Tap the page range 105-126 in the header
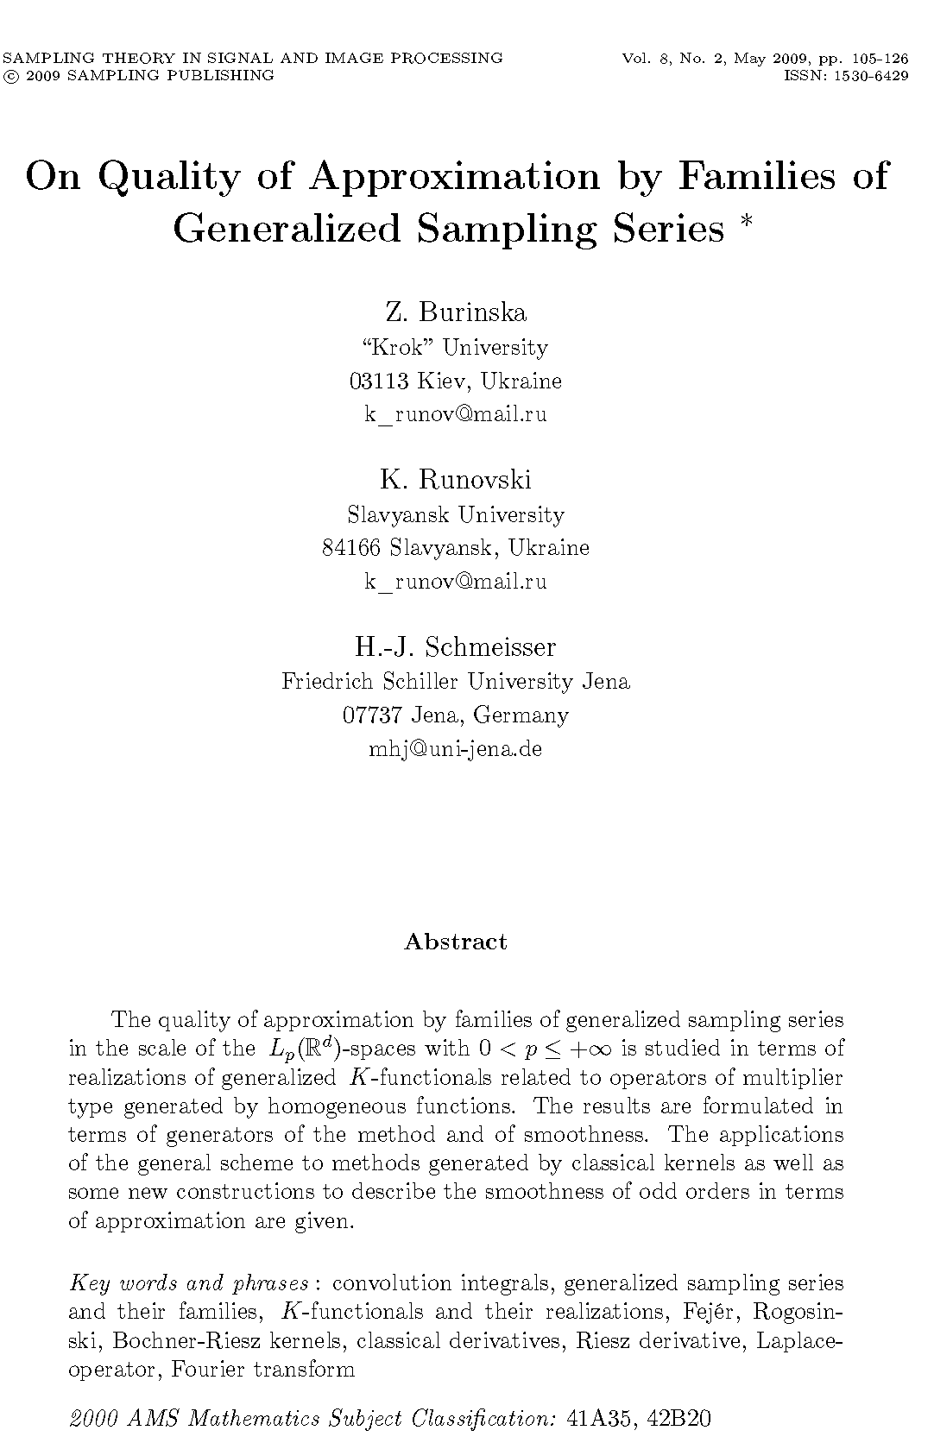(880, 59)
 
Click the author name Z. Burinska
(456, 312)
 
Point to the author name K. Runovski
(456, 479)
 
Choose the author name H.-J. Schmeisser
(456, 646)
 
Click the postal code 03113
(378, 381)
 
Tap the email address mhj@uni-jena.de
(456, 748)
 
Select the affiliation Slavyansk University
(456, 515)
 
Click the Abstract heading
(456, 942)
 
